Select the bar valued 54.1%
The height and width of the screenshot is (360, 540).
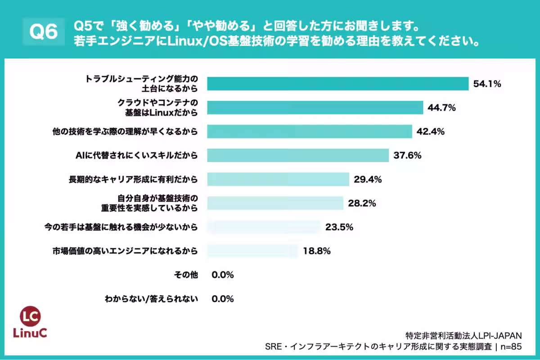(x=337, y=84)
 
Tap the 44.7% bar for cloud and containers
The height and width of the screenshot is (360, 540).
(x=315, y=108)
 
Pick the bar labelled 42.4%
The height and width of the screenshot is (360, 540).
(x=310, y=131)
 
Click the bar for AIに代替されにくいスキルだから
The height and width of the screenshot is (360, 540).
(x=298, y=156)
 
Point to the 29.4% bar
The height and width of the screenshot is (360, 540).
(x=278, y=180)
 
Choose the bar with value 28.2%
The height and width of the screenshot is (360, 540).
(x=275, y=203)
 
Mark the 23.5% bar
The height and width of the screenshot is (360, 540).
(x=264, y=227)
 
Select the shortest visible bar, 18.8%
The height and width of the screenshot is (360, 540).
(x=252, y=251)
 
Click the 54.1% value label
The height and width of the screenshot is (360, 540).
(x=487, y=84)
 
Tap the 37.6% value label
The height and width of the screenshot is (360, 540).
(x=407, y=156)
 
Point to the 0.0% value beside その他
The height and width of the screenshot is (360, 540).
(x=222, y=275)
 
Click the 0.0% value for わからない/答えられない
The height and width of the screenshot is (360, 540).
(x=222, y=299)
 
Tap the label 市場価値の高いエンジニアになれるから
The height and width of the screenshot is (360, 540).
(x=126, y=251)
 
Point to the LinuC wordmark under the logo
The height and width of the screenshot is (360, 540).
(x=32, y=333)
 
